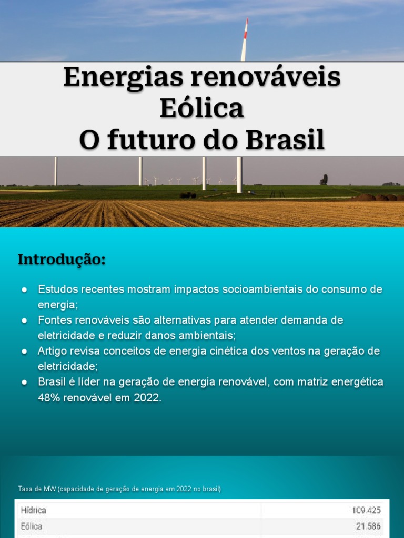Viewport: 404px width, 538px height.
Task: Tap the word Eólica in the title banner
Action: [202, 109]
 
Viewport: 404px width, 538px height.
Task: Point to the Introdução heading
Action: [62, 260]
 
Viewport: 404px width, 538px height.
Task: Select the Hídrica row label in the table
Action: [33, 510]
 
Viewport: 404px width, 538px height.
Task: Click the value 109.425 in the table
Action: [366, 510]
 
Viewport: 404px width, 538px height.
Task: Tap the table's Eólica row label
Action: [32, 526]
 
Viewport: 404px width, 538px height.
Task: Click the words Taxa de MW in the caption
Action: [37, 489]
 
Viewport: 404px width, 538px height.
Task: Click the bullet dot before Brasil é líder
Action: [24, 382]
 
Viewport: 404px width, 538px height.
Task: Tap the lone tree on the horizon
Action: [324, 180]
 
